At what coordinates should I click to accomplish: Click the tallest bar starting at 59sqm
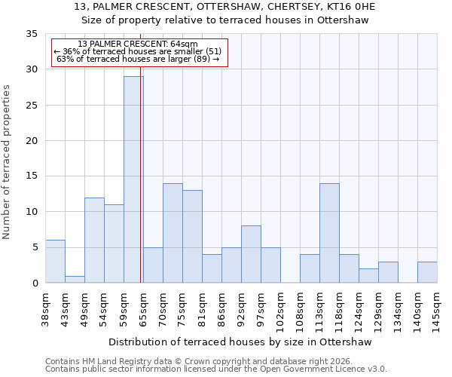click(x=133, y=179)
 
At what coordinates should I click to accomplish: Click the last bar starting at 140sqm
click(x=427, y=272)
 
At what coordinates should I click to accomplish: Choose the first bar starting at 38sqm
click(x=55, y=262)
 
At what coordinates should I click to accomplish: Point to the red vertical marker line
click(x=141, y=188)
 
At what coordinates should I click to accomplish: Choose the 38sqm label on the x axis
click(x=45, y=308)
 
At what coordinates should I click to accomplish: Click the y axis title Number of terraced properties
click(x=7, y=162)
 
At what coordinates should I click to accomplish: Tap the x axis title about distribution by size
click(x=241, y=342)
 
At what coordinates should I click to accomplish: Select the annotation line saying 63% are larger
click(x=138, y=59)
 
